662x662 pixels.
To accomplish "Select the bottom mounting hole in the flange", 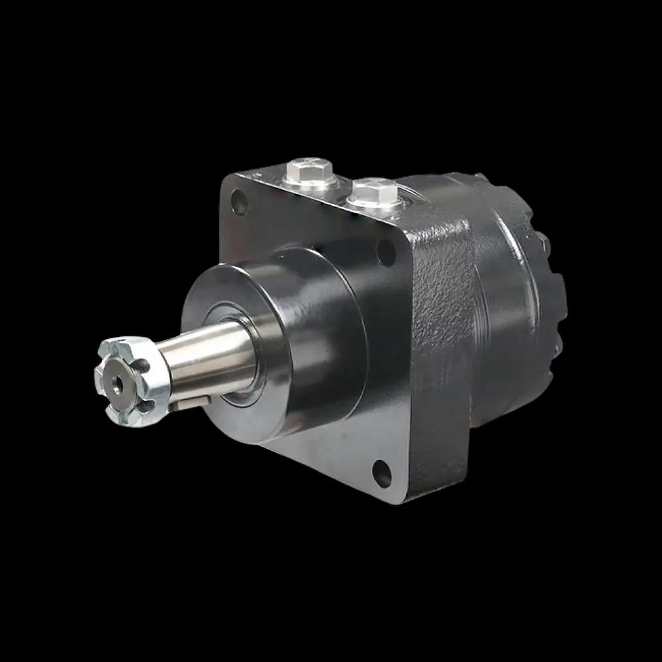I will tap(382, 471).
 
